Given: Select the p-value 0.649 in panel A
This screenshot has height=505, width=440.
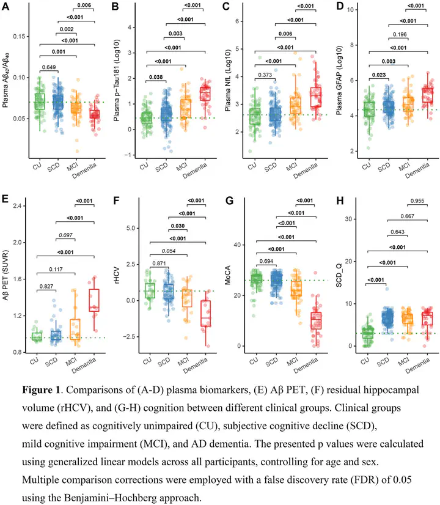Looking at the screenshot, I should [50, 67].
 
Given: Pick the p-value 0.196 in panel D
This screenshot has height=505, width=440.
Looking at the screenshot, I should [398, 35].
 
